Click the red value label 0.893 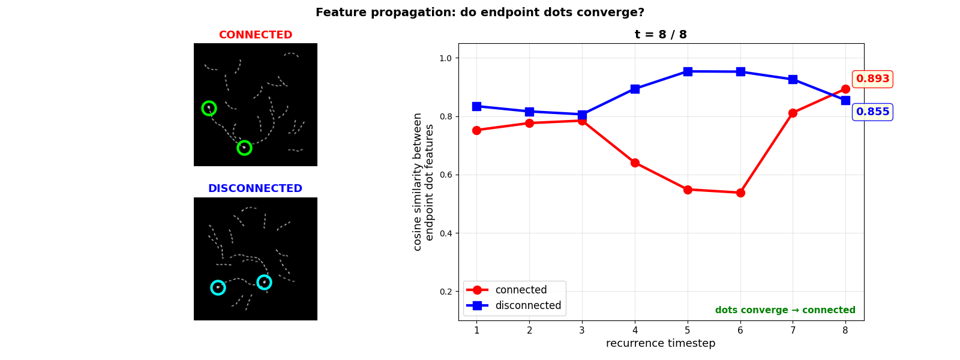click(x=872, y=79)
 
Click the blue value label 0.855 click(x=872, y=112)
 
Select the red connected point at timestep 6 click(x=740, y=193)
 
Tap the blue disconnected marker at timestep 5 click(x=688, y=71)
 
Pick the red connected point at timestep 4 click(x=635, y=163)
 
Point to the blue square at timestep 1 click(x=476, y=106)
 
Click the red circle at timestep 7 click(x=793, y=113)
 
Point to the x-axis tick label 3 click(x=582, y=330)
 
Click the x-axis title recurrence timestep click(x=661, y=343)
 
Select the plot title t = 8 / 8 click(x=661, y=35)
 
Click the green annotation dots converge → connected click(x=785, y=310)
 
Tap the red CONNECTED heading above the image click(x=256, y=35)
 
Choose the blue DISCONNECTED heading click(x=256, y=188)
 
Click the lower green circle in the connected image click(x=244, y=148)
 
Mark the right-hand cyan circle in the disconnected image click(x=264, y=282)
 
